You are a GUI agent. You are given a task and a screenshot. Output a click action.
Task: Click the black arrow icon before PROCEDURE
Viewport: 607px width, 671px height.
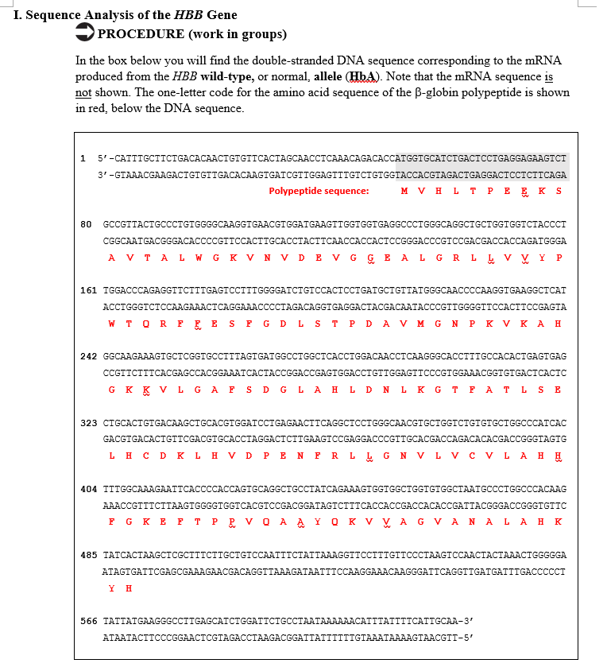[84, 33]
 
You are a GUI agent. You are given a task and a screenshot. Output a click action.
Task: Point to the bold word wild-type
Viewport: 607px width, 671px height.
[224, 76]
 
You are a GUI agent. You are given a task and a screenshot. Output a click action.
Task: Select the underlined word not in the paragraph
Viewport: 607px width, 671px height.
[83, 92]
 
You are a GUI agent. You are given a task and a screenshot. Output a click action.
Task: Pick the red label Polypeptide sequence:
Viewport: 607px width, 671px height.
[319, 191]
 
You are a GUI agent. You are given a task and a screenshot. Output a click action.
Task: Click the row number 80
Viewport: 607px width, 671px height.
[89, 223]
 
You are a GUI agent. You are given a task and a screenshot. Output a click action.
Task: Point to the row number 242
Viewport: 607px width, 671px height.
[89, 355]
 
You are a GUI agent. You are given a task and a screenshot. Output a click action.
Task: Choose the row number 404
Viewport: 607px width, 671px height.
[89, 487]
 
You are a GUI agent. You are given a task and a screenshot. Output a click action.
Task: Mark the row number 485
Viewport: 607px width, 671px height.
[89, 553]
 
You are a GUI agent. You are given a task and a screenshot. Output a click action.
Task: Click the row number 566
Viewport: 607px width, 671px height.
[89, 620]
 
